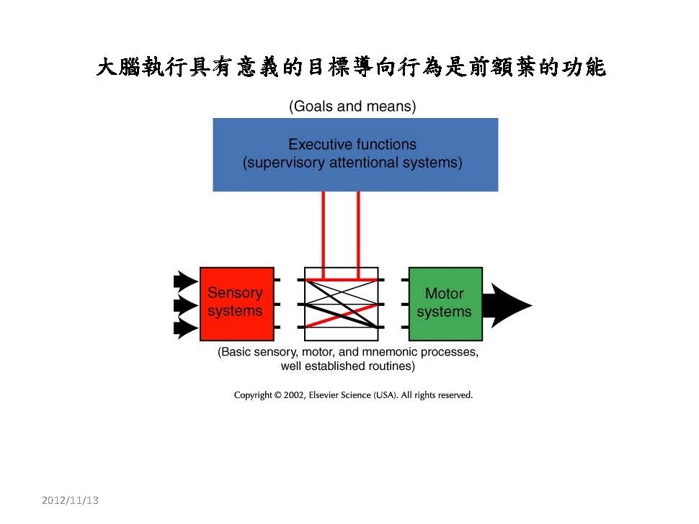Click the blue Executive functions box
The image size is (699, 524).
pyautogui.click(x=355, y=154)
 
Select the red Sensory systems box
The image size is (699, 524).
pyautogui.click(x=236, y=303)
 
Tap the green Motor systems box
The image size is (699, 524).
pyautogui.click(x=445, y=303)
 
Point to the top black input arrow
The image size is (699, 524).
pyautogui.click(x=184, y=281)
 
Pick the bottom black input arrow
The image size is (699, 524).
pyautogui.click(x=184, y=330)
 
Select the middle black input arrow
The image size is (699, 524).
pyautogui.click(x=184, y=305)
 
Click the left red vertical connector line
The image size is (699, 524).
pyautogui.click(x=324, y=234)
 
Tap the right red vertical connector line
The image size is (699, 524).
pyautogui.click(x=358, y=234)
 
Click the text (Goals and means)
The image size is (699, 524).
pyautogui.click(x=352, y=107)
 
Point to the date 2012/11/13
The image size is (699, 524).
pyautogui.click(x=70, y=500)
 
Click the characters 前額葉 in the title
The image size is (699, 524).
pyautogui.click(x=502, y=68)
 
